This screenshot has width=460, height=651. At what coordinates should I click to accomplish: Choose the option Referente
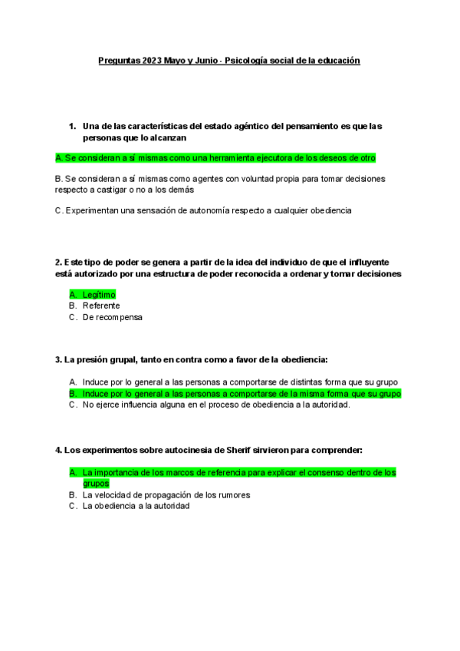pos(101,306)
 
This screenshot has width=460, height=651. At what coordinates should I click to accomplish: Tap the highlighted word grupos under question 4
pos(96,484)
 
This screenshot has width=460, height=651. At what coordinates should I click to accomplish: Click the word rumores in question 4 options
pos(231,495)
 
